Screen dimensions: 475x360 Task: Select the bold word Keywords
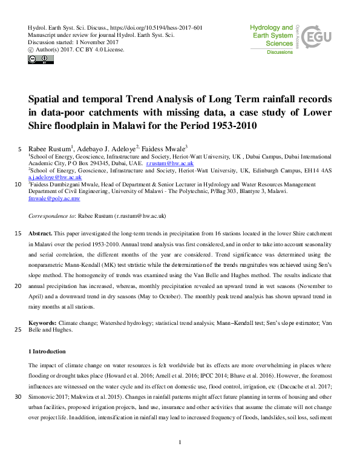pyautogui.click(x=44, y=324)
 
